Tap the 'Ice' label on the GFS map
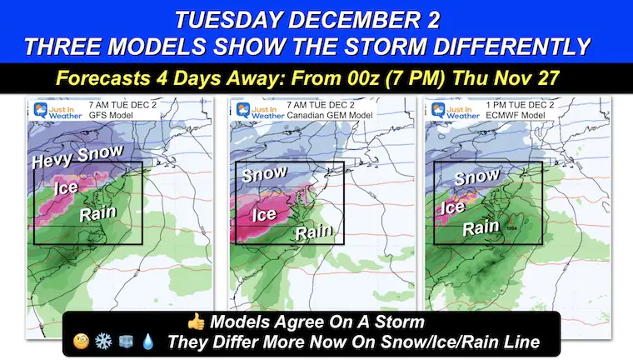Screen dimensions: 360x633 pos(67,187)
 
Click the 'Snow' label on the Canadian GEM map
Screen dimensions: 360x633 pos(263,173)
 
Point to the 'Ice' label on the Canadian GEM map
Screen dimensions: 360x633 pos(264,215)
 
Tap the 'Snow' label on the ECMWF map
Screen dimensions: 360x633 pos(477,178)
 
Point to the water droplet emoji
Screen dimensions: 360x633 pos(147,342)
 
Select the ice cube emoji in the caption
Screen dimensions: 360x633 pos(125,342)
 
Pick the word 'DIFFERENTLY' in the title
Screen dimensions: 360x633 pos(517,46)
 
